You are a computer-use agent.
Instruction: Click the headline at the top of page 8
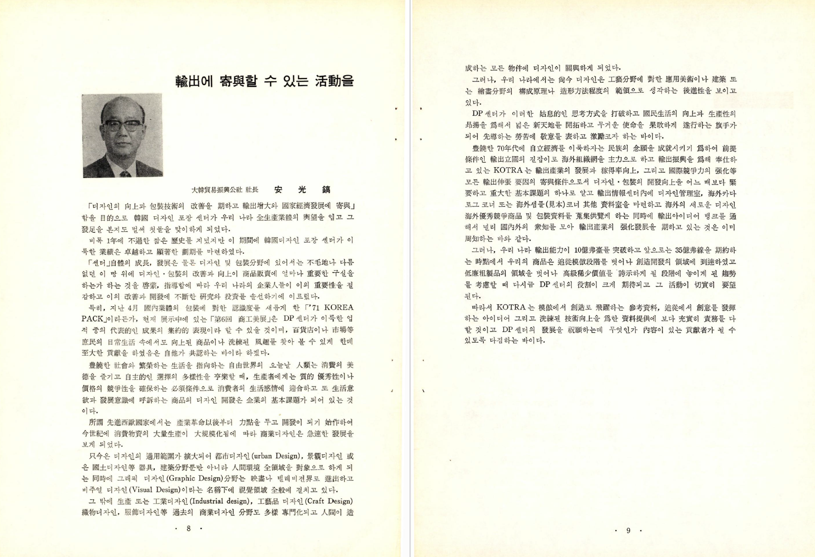(x=264, y=80)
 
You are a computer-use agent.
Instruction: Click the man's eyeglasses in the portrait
(x=122, y=125)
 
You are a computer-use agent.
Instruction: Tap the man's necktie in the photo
(x=124, y=174)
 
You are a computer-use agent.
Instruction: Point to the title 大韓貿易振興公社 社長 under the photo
(x=225, y=190)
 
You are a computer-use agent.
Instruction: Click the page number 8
(x=188, y=528)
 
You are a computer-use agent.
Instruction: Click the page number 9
(x=628, y=530)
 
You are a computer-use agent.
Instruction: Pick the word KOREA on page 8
(x=338, y=308)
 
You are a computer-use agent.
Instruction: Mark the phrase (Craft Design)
(x=329, y=502)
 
